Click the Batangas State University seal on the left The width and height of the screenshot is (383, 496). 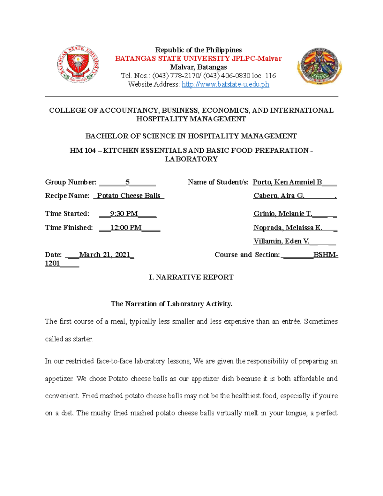coord(78,64)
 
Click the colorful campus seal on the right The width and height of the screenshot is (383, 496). coord(319,66)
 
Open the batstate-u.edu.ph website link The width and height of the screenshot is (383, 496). coord(225,84)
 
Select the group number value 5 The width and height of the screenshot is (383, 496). coord(127,182)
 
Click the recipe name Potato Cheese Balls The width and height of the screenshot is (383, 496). coord(129,196)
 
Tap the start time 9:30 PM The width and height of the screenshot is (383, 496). coord(124,214)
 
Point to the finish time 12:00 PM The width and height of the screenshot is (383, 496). coord(126,228)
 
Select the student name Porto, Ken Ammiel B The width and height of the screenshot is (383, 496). coord(287,182)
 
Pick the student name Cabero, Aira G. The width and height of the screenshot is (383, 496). coord(279,196)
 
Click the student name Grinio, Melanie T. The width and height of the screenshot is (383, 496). coord(282,214)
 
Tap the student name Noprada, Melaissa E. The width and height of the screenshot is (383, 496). coord(288,228)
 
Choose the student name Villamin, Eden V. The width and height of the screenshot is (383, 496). coord(281,241)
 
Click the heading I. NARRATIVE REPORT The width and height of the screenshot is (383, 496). coord(191,277)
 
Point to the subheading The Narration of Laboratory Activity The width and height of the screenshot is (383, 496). coord(171,304)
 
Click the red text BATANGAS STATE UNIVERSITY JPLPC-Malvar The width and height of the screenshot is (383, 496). coord(198,59)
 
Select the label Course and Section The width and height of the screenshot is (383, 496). coord(247,255)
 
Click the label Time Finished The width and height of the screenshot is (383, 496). coord(69,228)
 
